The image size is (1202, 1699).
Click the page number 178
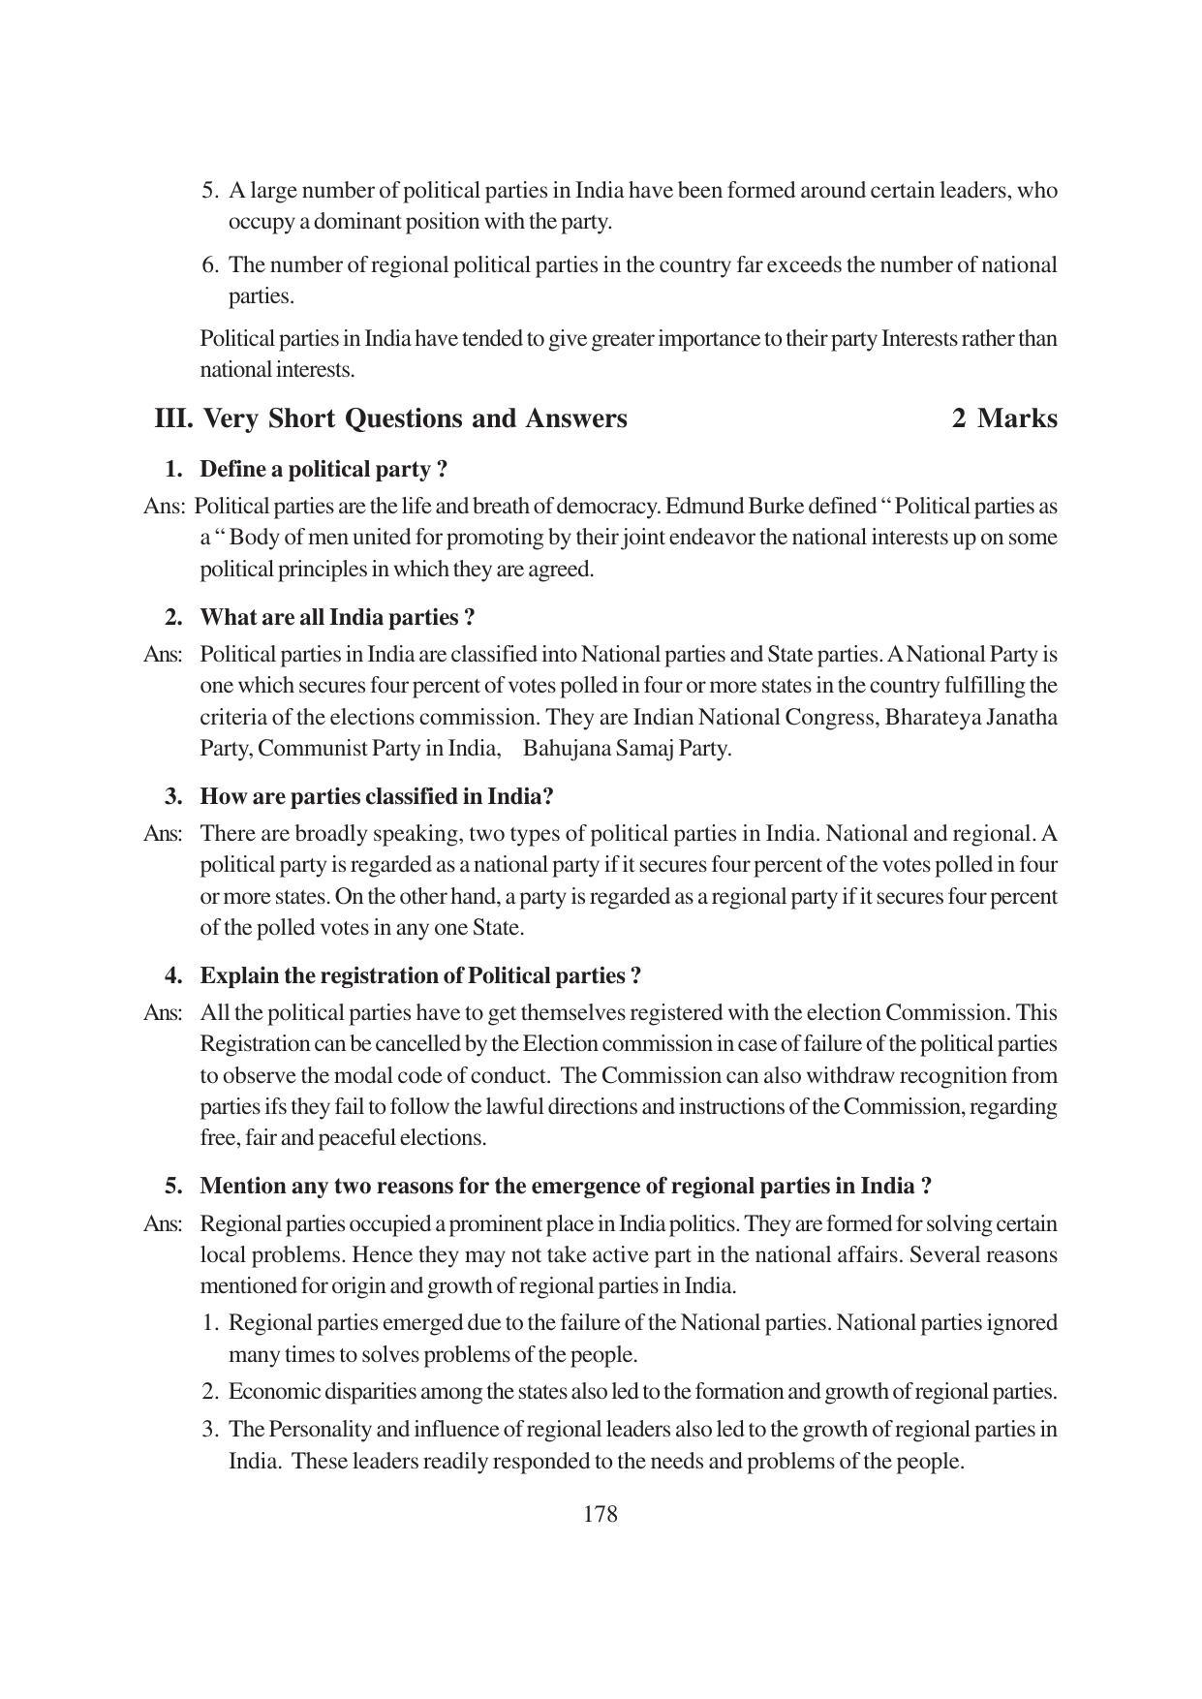coord(600,1514)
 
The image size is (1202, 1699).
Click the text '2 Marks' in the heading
coord(1004,418)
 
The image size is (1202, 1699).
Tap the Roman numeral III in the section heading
coord(174,418)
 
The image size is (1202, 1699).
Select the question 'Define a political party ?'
coord(324,470)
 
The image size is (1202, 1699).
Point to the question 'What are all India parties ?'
coord(337,618)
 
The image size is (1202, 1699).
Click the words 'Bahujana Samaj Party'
coord(626,749)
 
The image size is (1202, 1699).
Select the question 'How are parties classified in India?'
coord(377,797)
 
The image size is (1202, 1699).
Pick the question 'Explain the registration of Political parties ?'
coord(420,976)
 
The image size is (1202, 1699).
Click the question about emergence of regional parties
coord(566,1187)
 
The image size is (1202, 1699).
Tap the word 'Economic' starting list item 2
coord(272,1392)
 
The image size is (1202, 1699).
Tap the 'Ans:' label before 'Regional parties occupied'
coord(163,1224)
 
